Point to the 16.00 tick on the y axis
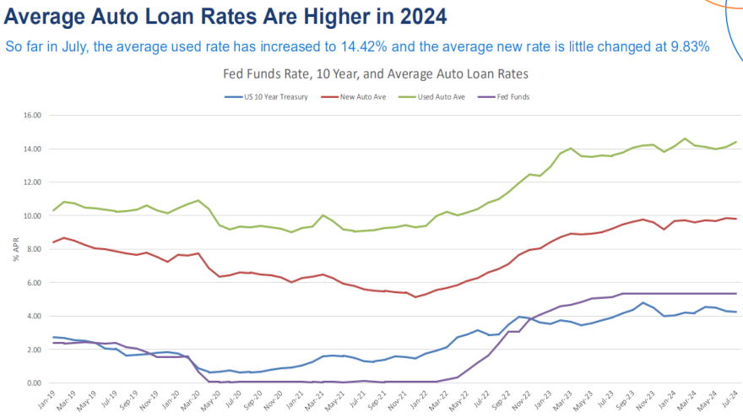coord(32,115)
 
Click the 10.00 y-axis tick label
coord(32,215)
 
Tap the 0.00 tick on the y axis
coord(34,383)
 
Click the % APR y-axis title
coord(14,249)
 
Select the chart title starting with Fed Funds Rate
coord(375,74)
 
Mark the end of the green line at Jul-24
coord(736,142)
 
